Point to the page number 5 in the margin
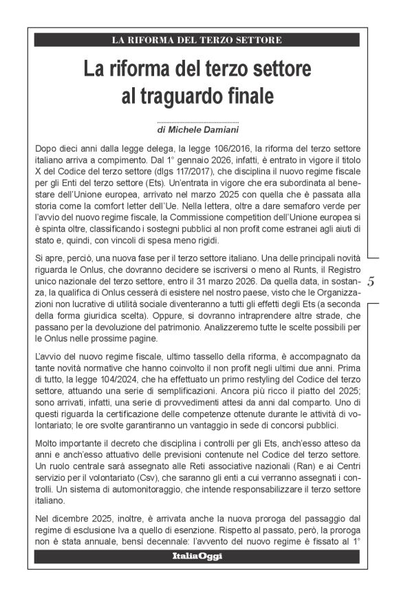(371, 281)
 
